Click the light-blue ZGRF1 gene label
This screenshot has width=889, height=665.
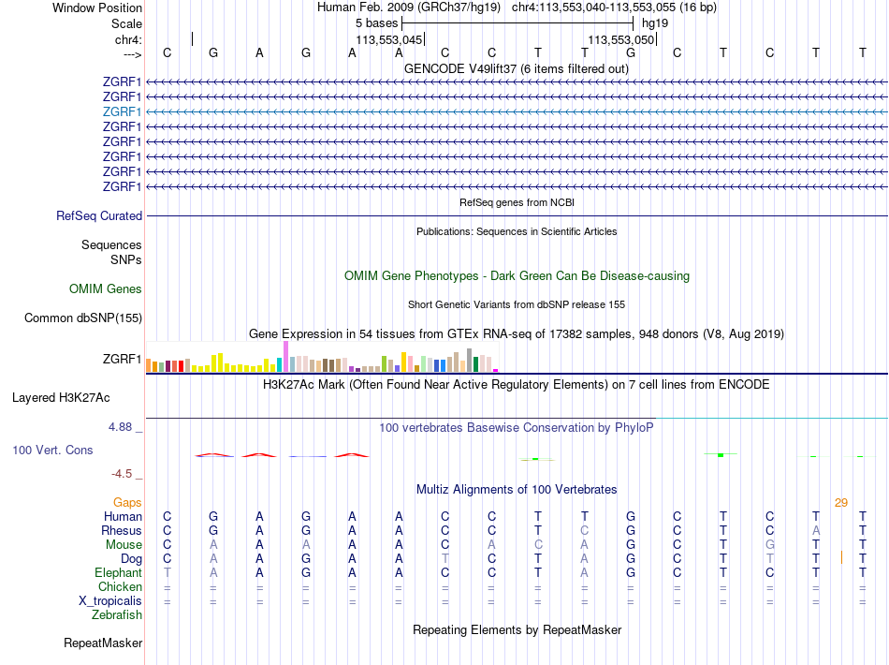pos(122,111)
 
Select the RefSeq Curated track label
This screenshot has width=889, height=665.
pos(99,216)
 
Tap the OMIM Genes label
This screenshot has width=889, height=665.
pos(106,289)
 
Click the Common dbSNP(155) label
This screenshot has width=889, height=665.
pos(83,318)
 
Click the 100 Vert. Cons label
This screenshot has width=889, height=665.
pos(52,451)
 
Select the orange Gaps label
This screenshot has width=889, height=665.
pos(127,503)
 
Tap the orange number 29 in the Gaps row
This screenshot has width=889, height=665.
pos(840,503)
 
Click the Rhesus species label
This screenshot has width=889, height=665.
pos(122,531)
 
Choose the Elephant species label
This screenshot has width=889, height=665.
pos(118,573)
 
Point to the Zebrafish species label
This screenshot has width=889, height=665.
pos(117,615)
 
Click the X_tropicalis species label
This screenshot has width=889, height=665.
pos(108,601)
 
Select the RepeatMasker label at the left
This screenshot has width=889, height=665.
pos(103,643)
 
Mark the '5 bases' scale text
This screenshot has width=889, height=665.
pos(376,22)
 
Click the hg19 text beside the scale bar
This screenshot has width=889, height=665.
pos(655,22)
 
